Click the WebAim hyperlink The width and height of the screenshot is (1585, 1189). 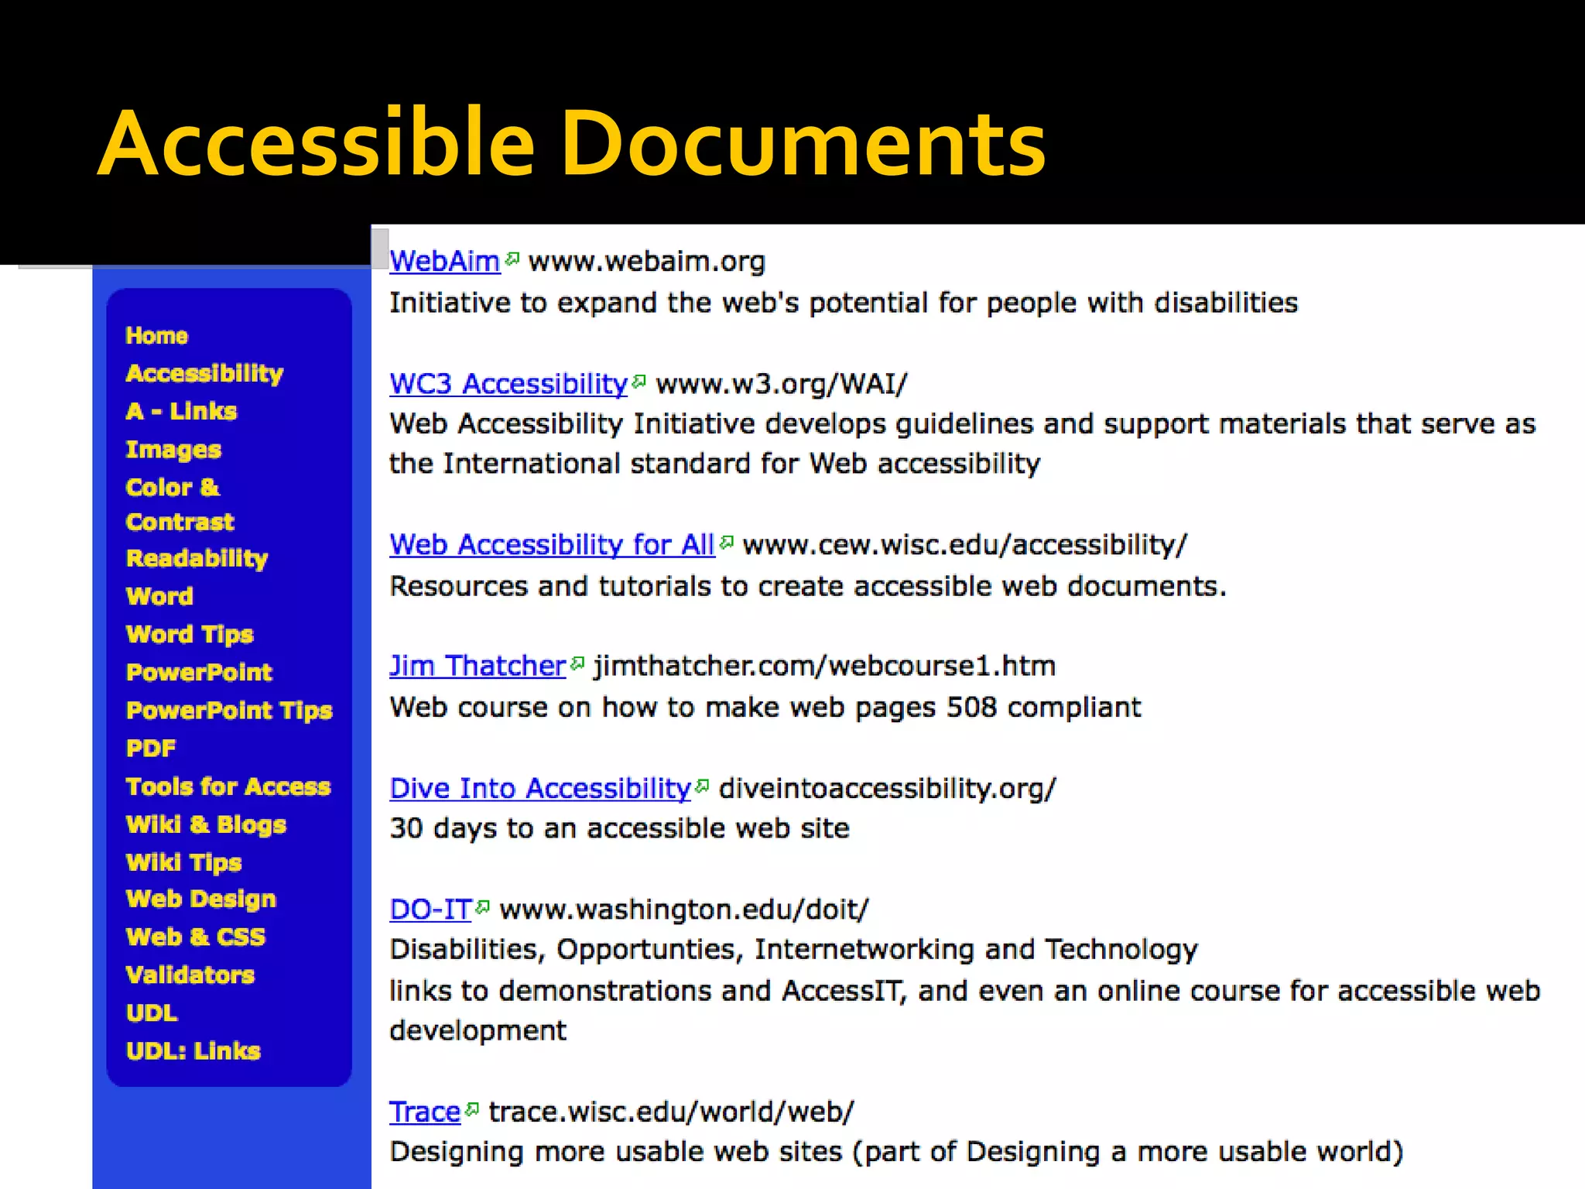click(x=444, y=262)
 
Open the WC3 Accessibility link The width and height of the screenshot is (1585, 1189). click(x=508, y=384)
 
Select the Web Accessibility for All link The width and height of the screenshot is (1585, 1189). click(x=552, y=545)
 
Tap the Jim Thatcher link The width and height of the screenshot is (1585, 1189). click(x=478, y=666)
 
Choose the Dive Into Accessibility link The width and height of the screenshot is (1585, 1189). click(x=540, y=788)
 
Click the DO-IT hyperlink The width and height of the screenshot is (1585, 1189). click(x=430, y=910)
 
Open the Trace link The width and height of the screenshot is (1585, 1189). click(x=425, y=1112)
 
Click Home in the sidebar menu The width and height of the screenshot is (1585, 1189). click(x=157, y=336)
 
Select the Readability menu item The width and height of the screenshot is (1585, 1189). click(x=197, y=558)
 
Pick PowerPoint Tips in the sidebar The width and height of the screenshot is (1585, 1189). click(x=229, y=711)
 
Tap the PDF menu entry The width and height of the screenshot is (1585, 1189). click(x=151, y=749)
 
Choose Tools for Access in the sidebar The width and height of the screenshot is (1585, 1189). click(x=228, y=786)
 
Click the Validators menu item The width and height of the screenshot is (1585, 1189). click(x=190, y=975)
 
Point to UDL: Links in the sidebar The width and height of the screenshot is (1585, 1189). click(x=193, y=1051)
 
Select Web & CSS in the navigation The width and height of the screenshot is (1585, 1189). click(x=196, y=937)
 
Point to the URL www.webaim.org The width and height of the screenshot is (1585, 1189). click(x=646, y=262)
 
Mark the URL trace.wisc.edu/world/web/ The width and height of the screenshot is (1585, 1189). click(x=671, y=1112)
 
